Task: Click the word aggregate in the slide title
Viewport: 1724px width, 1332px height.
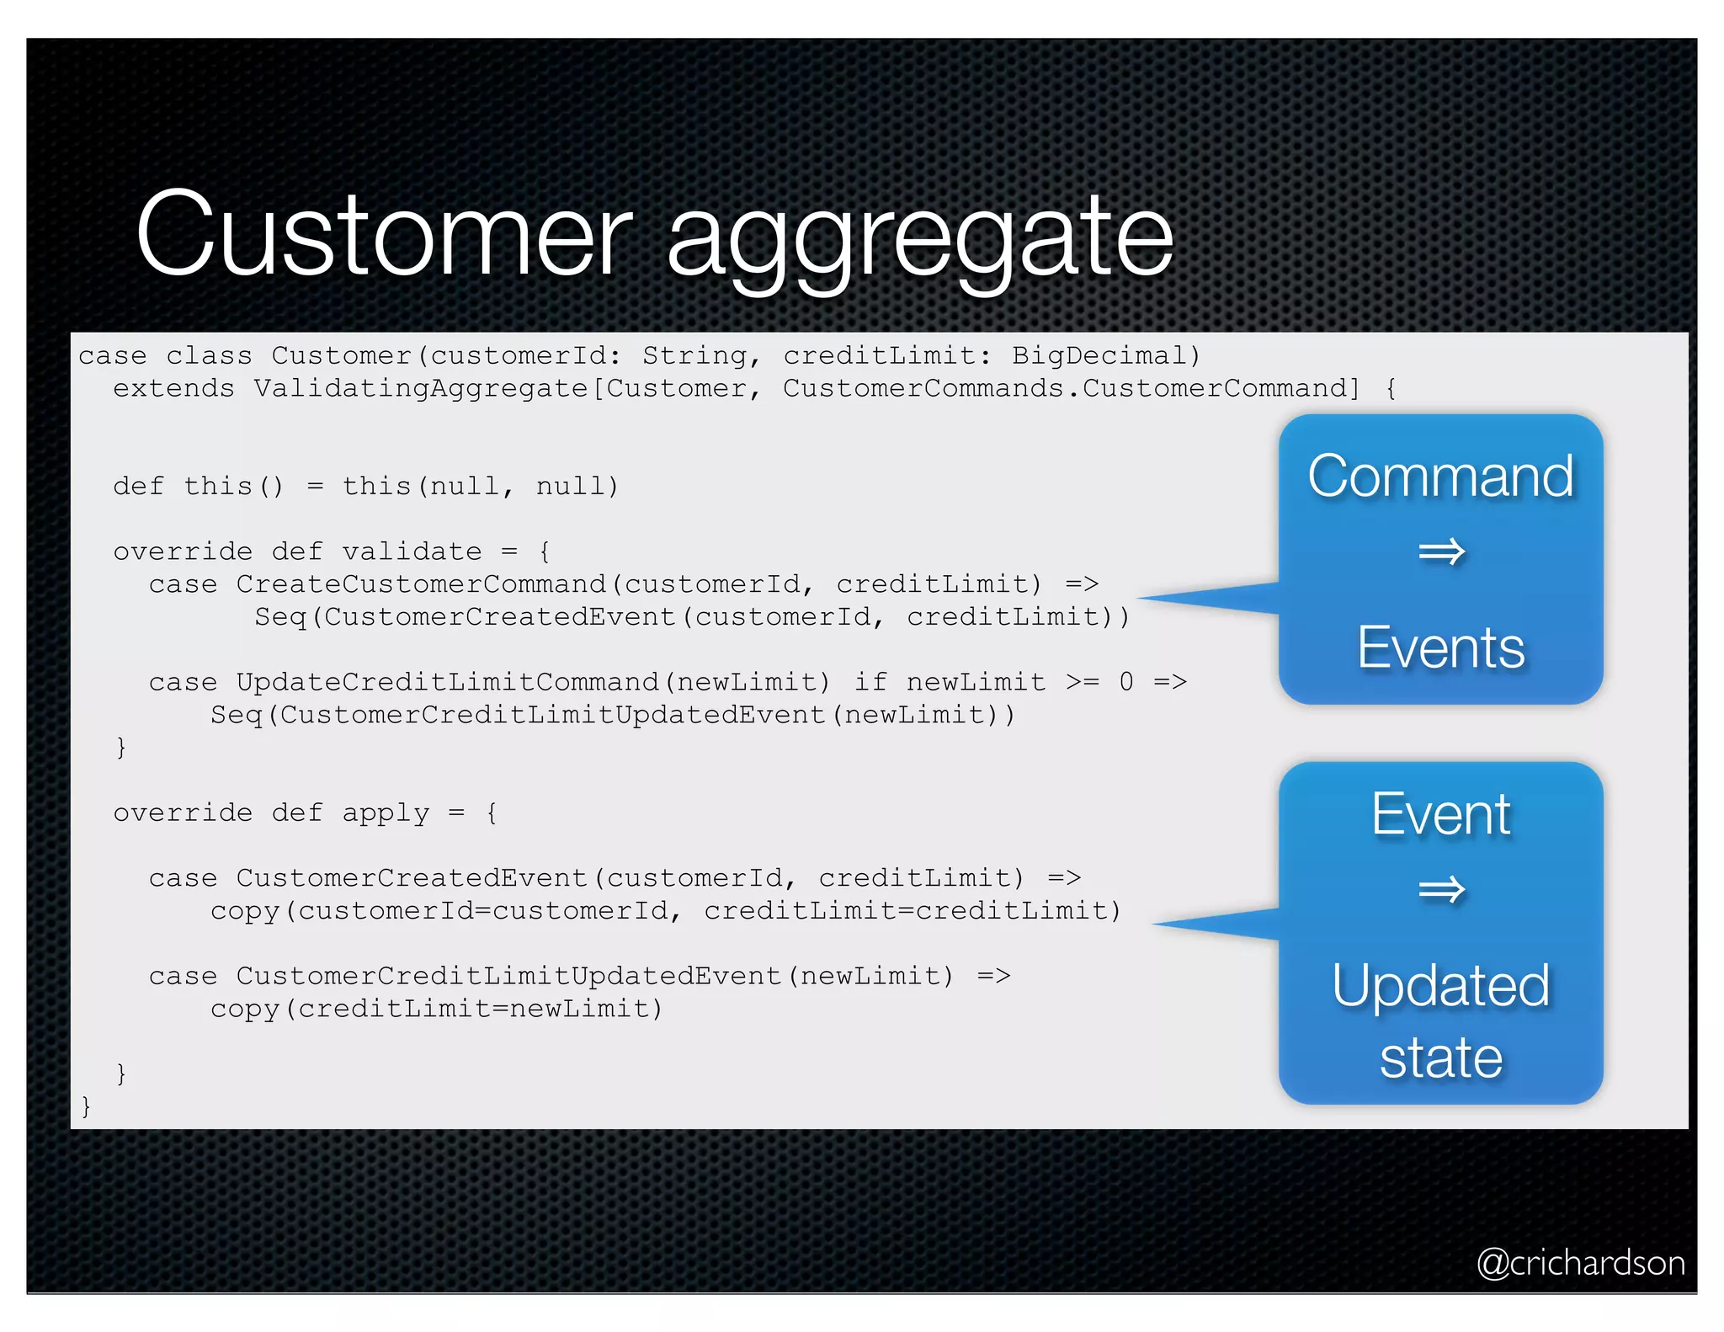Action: click(919, 240)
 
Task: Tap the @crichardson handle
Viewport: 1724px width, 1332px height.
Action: click(1580, 1262)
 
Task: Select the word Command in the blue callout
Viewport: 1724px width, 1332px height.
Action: click(1440, 476)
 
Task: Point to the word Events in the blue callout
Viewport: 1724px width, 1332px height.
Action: click(1440, 647)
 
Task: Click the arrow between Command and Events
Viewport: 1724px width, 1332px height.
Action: click(1441, 552)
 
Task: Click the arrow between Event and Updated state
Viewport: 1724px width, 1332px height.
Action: click(1441, 889)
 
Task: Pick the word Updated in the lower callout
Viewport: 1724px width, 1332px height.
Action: click(1440, 985)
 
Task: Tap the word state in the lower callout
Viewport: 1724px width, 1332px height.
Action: click(1440, 1058)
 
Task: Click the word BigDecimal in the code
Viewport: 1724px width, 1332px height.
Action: click(1099, 355)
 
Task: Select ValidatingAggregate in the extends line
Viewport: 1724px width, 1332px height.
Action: click(420, 388)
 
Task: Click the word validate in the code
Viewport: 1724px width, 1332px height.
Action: click(412, 551)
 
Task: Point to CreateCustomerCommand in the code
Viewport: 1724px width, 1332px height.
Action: click(420, 583)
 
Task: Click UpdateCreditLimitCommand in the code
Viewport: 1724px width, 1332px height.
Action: click(446, 681)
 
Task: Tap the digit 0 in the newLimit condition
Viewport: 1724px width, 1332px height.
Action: click(1125, 681)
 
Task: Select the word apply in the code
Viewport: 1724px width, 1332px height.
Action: click(385, 813)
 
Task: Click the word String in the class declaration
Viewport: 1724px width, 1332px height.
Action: click(694, 355)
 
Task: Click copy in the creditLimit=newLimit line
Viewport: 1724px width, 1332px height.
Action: click(244, 1008)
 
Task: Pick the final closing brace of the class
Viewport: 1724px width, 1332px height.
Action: click(85, 1106)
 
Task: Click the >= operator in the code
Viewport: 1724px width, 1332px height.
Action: click(1082, 681)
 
